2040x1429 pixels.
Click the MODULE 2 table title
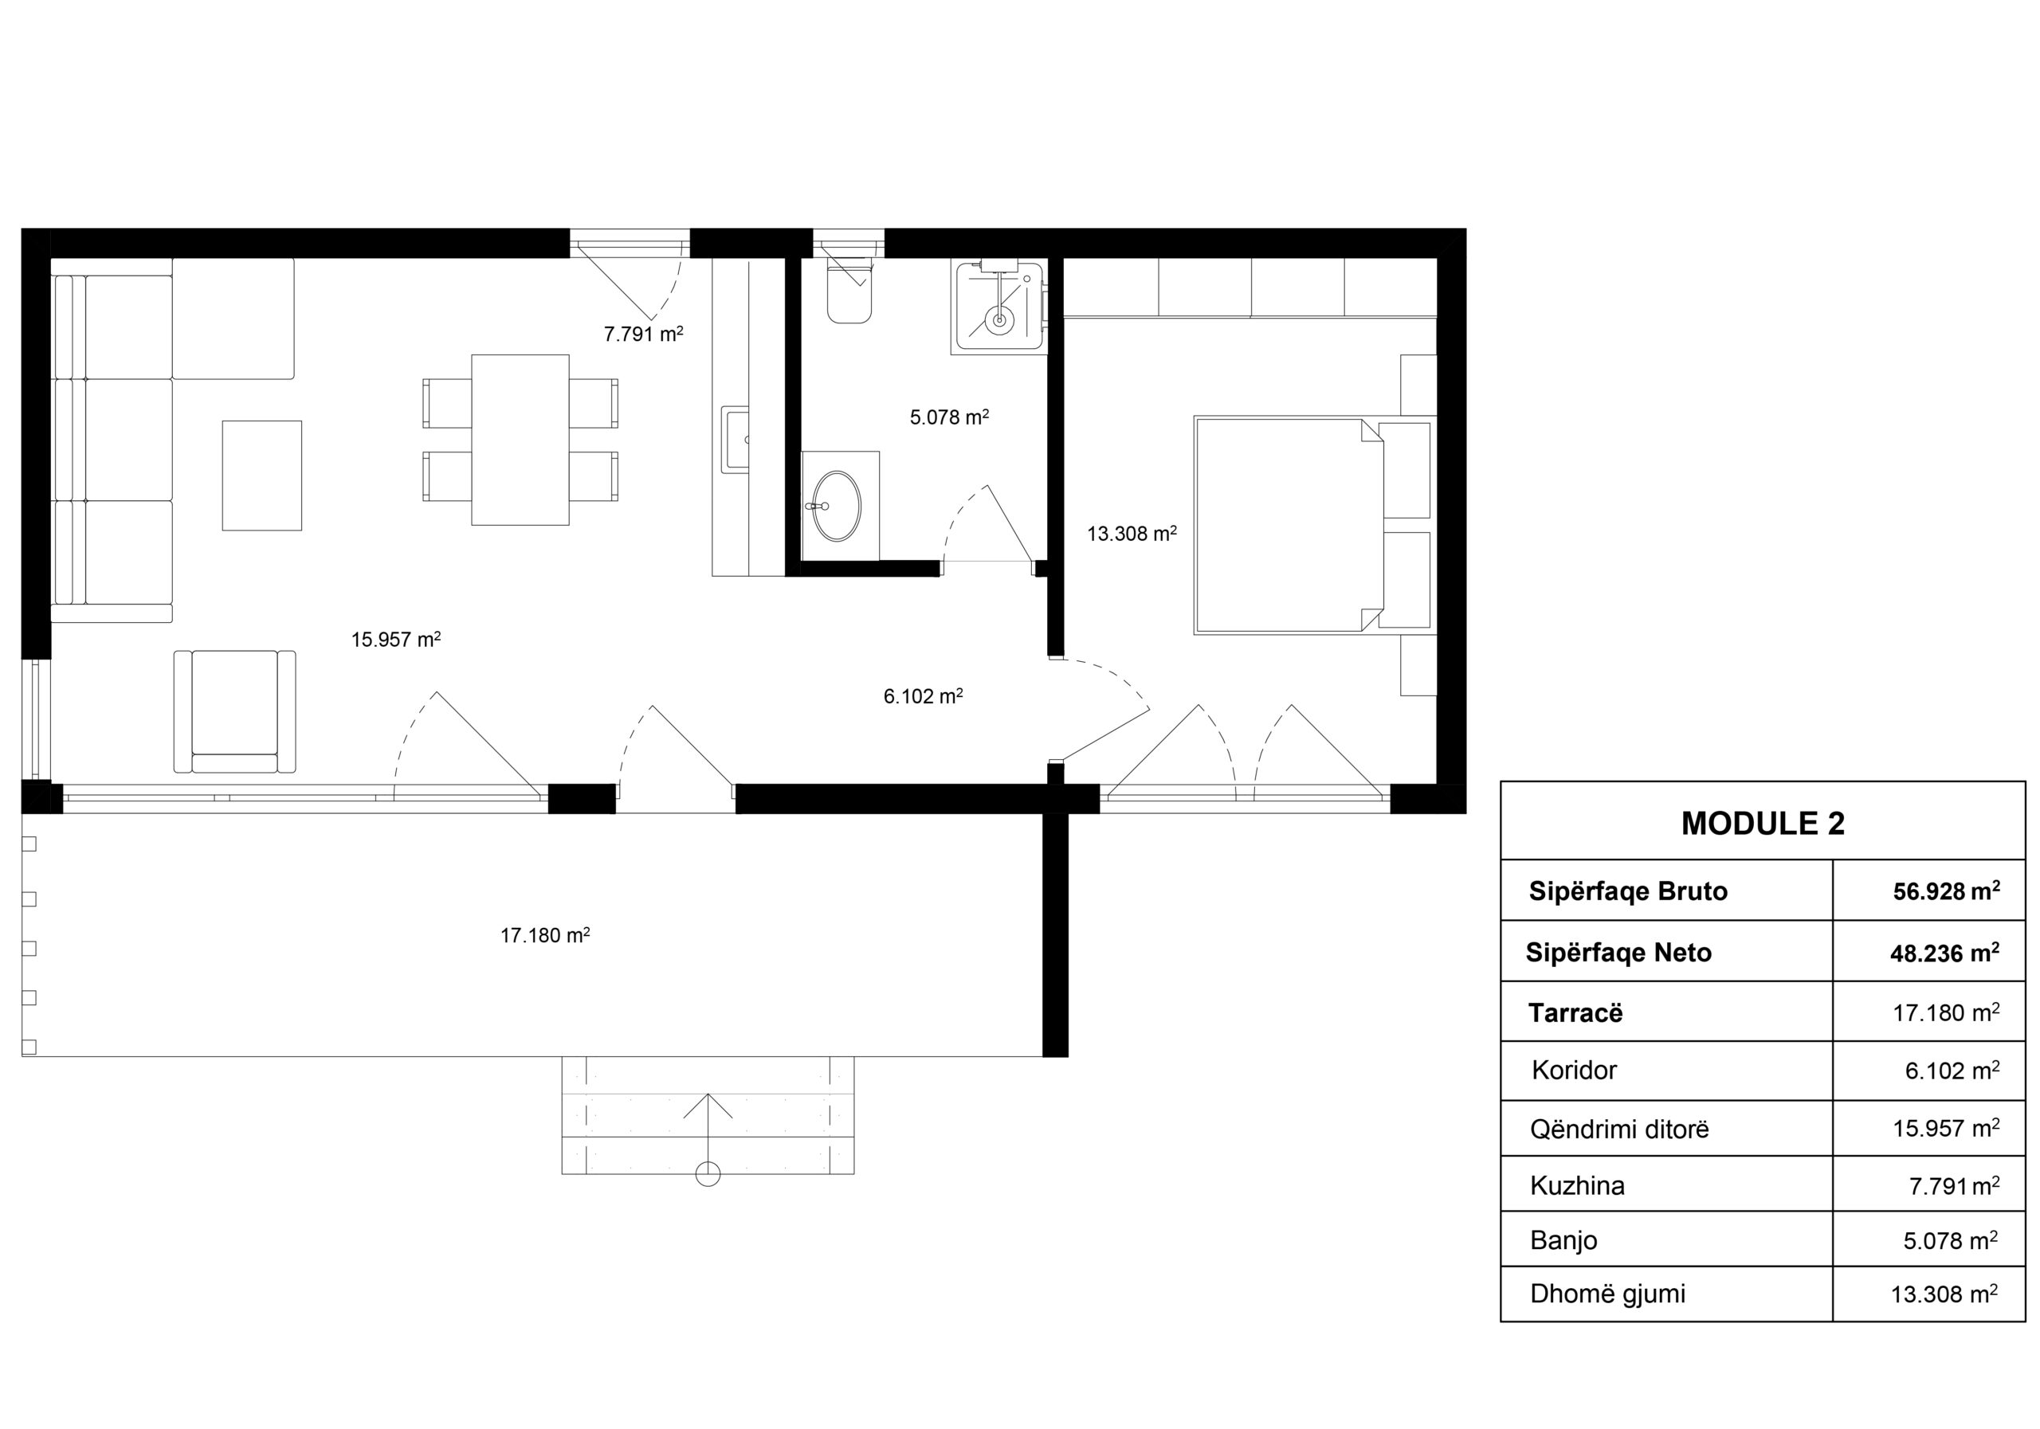(x=1763, y=824)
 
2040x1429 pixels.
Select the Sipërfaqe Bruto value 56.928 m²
(x=1947, y=891)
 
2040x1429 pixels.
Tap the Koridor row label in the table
(x=1574, y=1071)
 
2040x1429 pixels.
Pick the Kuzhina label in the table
(x=1577, y=1185)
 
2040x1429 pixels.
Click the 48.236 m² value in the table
(x=1945, y=953)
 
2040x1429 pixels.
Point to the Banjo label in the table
(x=1563, y=1240)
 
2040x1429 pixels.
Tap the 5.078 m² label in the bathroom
(x=950, y=417)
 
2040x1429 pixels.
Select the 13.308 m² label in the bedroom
(x=1132, y=534)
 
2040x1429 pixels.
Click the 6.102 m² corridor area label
(x=923, y=696)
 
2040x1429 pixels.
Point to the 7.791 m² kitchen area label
(x=643, y=334)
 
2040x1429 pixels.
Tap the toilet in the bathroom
(x=849, y=291)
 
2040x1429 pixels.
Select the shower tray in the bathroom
(x=998, y=307)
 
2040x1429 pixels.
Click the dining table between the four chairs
(x=520, y=440)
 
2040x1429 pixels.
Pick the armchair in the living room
(x=234, y=711)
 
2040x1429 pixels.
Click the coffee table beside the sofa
(x=262, y=476)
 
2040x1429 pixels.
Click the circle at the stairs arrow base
(x=708, y=1174)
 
